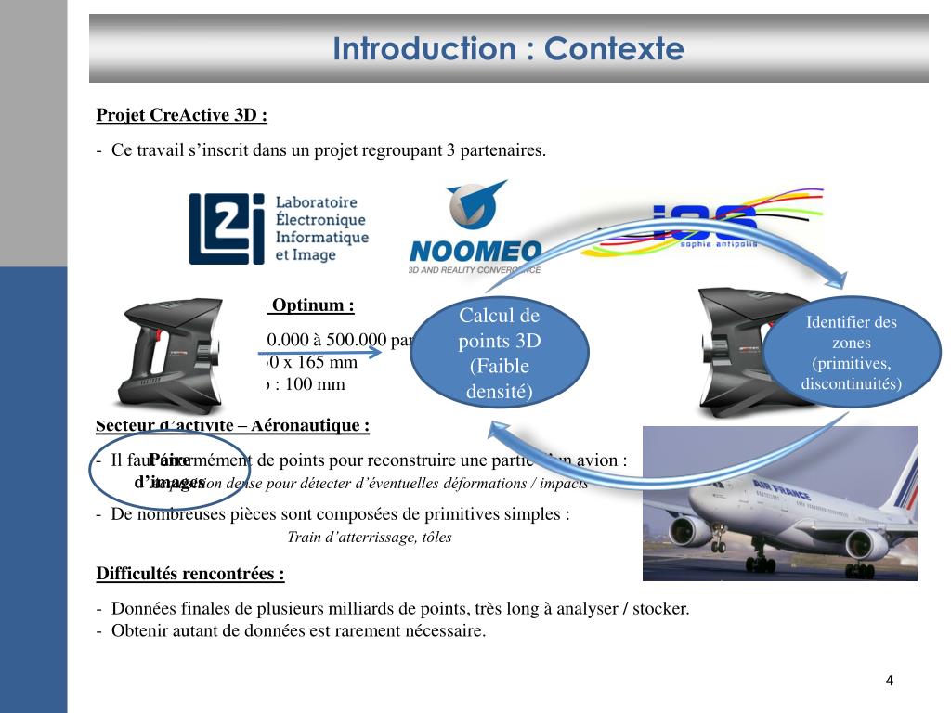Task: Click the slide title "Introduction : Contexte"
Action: [508, 48]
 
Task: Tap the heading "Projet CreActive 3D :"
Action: [181, 115]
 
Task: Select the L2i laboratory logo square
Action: [220, 228]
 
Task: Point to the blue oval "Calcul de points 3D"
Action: [500, 354]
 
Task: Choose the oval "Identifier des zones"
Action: [851, 353]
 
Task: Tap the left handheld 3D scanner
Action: [173, 353]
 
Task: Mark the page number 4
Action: [889, 681]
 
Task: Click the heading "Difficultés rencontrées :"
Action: [190, 573]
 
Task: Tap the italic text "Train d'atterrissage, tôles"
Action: [370, 538]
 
